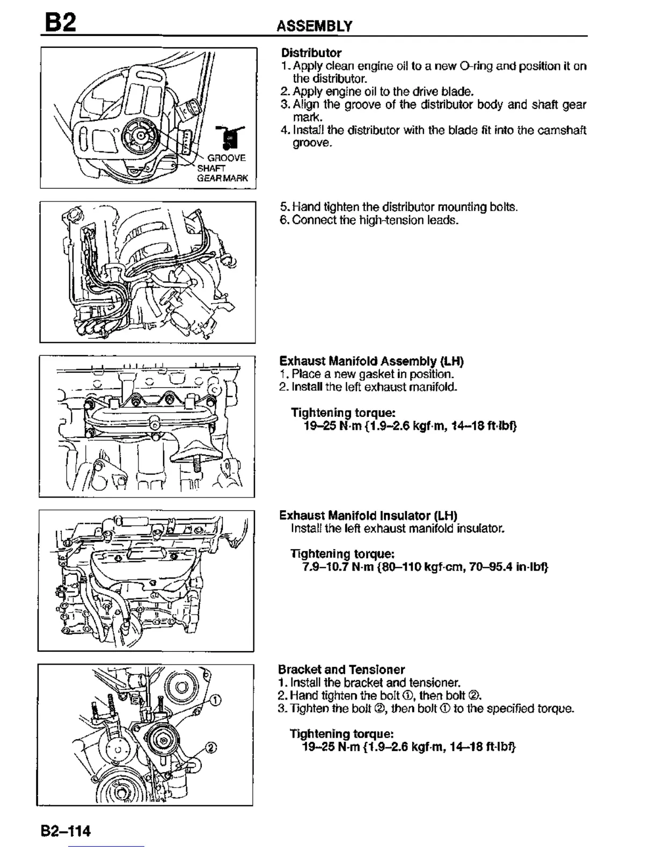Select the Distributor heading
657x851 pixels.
(x=311, y=53)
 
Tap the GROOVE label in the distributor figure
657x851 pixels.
(x=227, y=158)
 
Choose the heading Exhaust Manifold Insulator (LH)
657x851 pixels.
(x=368, y=515)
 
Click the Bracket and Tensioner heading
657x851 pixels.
(x=341, y=669)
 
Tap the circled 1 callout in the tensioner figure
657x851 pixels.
(x=214, y=699)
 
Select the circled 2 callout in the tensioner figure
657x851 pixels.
(x=211, y=748)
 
